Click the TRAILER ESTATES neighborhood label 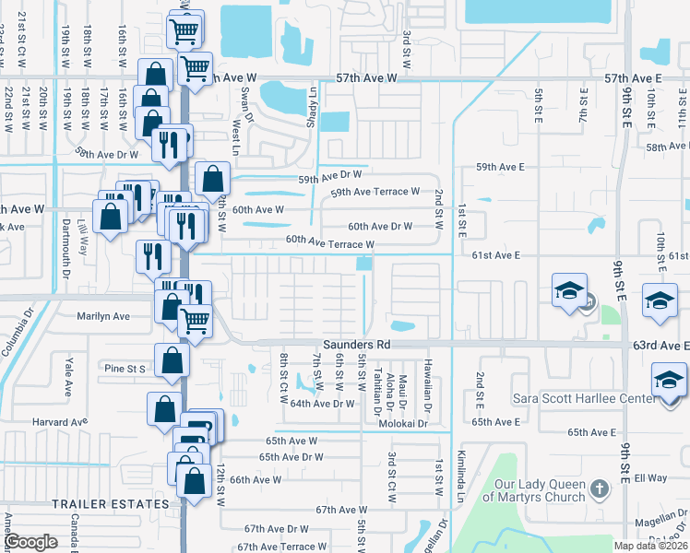tap(111, 504)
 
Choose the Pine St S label tap(125, 368)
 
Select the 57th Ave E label tap(635, 80)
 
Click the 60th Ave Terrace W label tap(329, 241)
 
